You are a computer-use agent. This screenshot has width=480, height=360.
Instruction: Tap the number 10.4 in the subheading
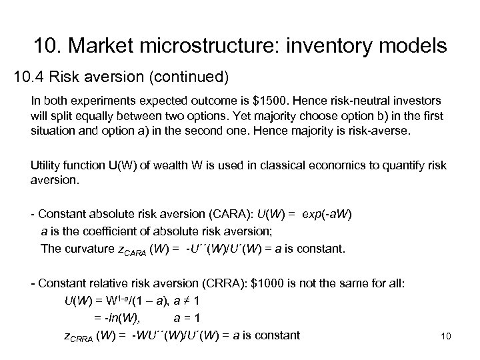click(x=28, y=78)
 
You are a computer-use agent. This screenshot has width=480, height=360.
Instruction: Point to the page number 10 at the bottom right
click(x=446, y=337)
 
